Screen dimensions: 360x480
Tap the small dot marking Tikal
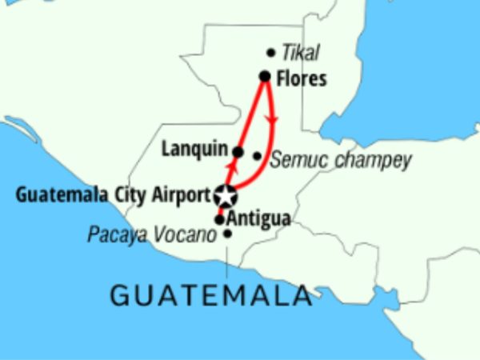270,54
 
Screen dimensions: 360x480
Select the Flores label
301,78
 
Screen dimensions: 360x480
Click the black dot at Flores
265,77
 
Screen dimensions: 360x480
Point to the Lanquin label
194,149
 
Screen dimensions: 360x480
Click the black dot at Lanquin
238,151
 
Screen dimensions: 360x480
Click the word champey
373,160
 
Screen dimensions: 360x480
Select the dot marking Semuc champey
257,156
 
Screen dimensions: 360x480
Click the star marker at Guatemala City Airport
226,195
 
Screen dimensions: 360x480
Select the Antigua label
258,218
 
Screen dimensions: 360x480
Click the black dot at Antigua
219,218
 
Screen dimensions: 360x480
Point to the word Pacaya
116,235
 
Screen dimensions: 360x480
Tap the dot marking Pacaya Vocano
228,234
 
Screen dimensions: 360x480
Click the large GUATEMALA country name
210,295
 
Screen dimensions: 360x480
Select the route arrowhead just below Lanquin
233,166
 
